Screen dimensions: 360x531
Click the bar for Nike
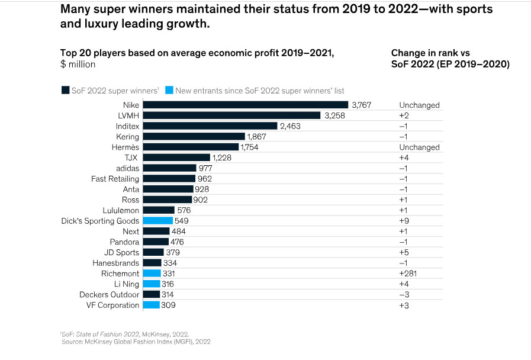tap(245, 105)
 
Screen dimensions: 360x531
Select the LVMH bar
tap(231, 115)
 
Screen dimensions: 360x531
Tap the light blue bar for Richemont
tap(152, 274)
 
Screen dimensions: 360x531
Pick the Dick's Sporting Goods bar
tap(157, 221)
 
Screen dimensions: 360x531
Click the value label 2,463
tap(291, 126)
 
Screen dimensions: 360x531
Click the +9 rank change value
tap(404, 221)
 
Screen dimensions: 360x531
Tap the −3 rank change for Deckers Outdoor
tap(404, 295)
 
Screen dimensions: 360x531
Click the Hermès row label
tap(125, 147)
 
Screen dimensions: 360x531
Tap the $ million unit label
tap(81, 65)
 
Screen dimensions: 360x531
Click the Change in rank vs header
tap(430, 53)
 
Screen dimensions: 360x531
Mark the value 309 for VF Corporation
tap(169, 306)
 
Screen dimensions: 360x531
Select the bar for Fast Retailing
tap(169, 179)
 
